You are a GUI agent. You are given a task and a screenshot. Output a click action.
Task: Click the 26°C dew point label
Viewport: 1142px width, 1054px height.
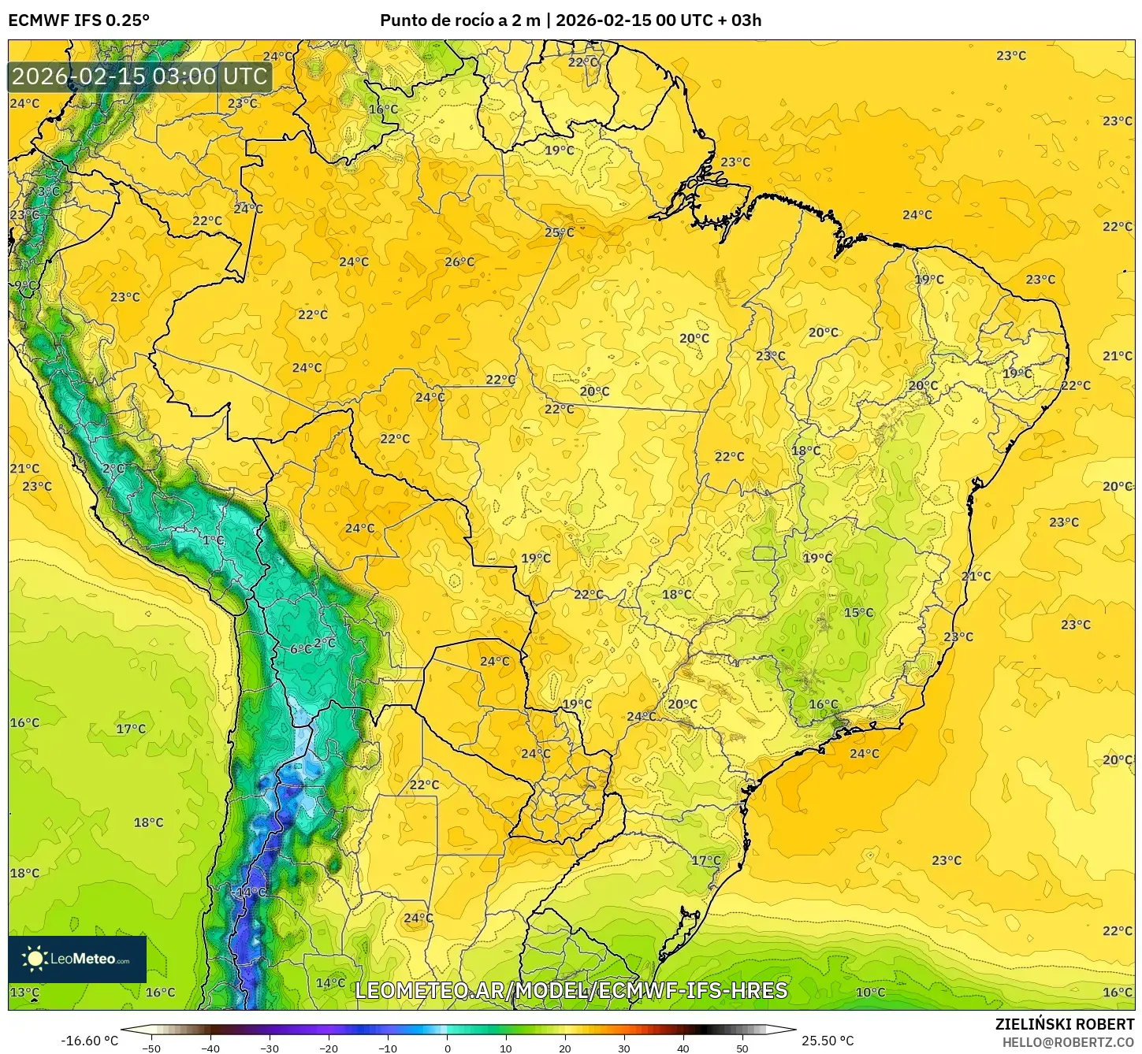[459, 262]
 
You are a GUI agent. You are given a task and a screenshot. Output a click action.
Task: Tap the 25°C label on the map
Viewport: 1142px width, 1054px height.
[560, 232]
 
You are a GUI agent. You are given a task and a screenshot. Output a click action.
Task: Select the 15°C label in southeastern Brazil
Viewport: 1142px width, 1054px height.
[858, 612]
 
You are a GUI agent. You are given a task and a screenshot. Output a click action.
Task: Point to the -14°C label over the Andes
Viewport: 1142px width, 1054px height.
[250, 892]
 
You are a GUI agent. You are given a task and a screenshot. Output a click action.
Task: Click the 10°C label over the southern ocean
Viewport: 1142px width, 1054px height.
[870, 992]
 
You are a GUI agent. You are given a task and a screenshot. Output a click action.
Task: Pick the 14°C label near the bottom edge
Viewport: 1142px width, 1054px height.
[330, 982]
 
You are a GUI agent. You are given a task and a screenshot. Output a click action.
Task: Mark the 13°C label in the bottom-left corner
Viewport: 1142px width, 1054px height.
[24, 992]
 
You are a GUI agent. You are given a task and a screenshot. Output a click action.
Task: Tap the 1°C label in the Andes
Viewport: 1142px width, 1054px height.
[213, 540]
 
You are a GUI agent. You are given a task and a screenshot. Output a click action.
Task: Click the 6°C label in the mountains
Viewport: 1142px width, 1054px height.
[300, 649]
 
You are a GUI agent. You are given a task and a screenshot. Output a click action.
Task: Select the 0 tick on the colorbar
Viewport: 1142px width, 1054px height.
[447, 1048]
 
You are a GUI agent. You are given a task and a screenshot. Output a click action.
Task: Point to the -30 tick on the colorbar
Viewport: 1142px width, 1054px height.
[270, 1048]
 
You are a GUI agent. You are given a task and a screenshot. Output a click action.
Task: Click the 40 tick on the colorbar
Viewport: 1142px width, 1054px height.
[683, 1048]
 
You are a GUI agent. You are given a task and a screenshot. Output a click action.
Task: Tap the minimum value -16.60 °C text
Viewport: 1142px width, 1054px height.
[89, 1041]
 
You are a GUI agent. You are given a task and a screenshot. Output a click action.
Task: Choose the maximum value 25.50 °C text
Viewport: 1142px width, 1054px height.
[828, 1041]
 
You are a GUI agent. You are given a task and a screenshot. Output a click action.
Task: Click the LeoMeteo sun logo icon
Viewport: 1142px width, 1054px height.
[35, 959]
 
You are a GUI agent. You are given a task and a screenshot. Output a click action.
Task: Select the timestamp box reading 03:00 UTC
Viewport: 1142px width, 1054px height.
[140, 76]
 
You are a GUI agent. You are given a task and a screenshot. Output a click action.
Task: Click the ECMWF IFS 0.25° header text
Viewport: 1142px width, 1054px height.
[78, 20]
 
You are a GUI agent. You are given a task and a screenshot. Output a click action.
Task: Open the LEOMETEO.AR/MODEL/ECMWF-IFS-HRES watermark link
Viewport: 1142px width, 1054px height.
[571, 990]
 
